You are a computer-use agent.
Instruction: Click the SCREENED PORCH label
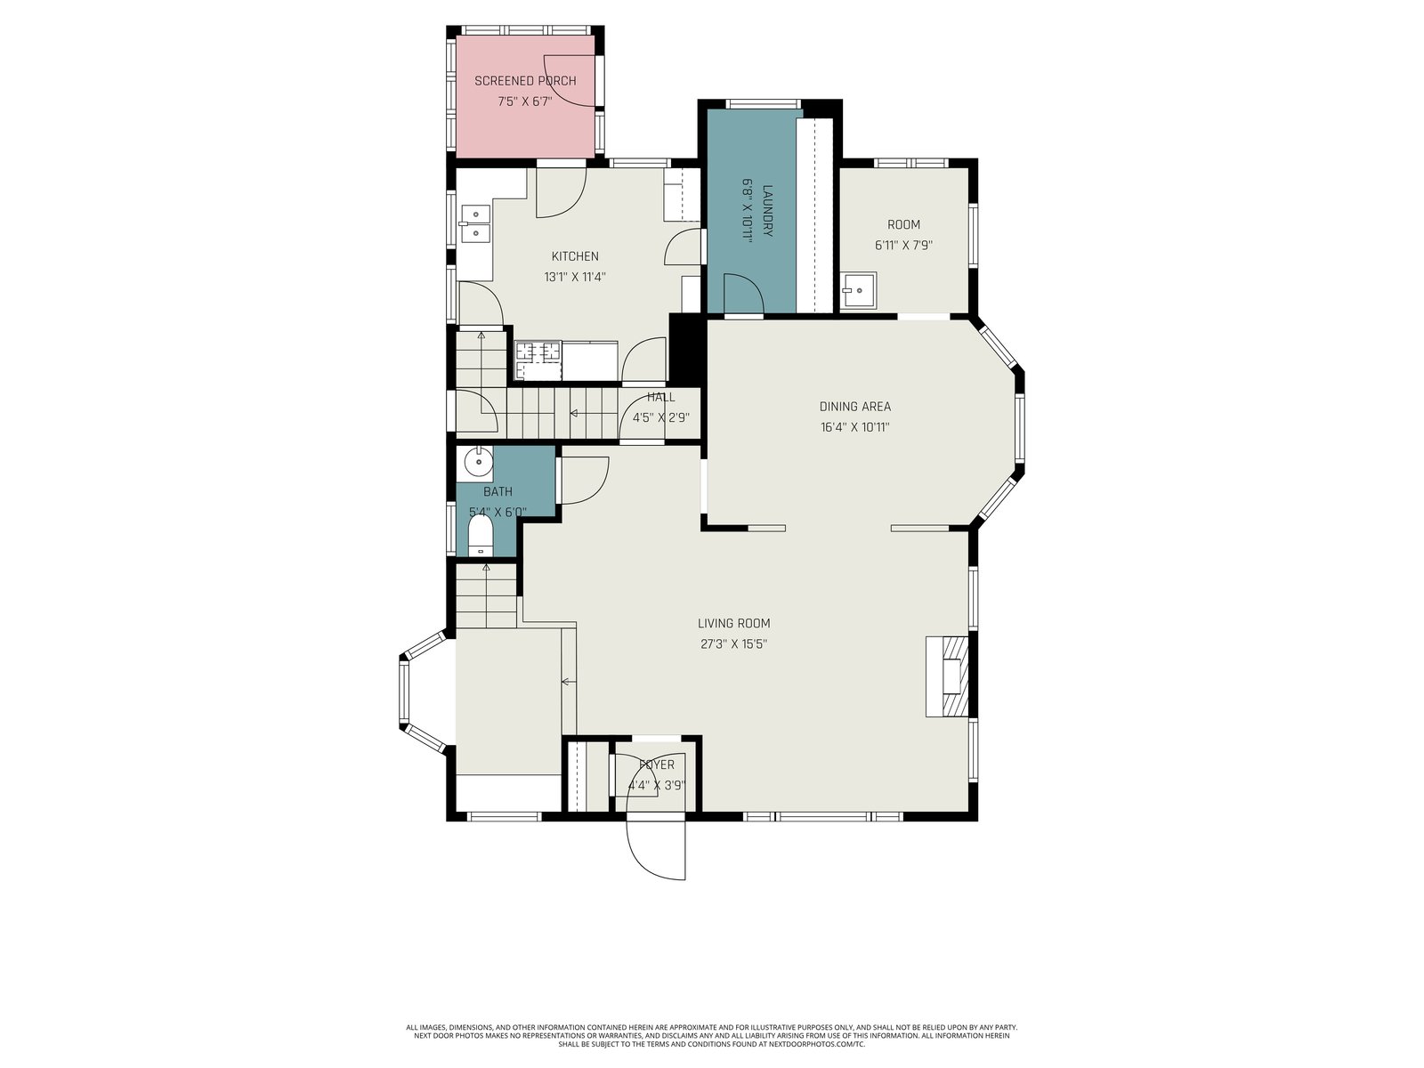click(x=525, y=81)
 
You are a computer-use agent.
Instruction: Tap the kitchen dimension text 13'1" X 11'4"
click(x=575, y=277)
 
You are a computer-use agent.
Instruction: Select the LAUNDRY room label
click(x=767, y=211)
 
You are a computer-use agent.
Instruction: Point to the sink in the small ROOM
click(x=859, y=290)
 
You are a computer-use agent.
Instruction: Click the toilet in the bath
click(x=480, y=536)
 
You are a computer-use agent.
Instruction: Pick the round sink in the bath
click(x=479, y=462)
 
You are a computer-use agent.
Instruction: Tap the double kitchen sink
click(x=475, y=223)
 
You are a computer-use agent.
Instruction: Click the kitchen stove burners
click(x=538, y=360)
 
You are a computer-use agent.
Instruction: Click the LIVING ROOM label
click(x=733, y=623)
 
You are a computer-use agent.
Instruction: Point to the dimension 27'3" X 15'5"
click(x=733, y=643)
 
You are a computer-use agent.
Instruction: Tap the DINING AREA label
click(x=855, y=407)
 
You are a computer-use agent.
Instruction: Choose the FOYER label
click(x=657, y=765)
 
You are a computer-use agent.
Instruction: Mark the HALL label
click(x=660, y=397)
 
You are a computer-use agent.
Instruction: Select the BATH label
click(x=498, y=491)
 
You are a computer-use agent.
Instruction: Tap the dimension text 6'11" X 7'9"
click(x=903, y=245)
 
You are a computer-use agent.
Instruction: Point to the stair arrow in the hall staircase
click(x=574, y=413)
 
